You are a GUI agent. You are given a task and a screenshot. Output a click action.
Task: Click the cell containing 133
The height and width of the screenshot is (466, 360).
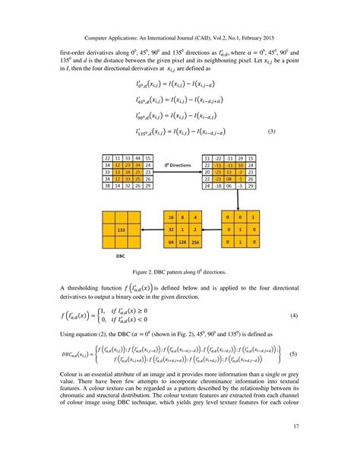[x=121, y=228]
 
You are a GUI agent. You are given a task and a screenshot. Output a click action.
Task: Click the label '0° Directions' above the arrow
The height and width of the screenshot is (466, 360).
[x=178, y=164]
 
